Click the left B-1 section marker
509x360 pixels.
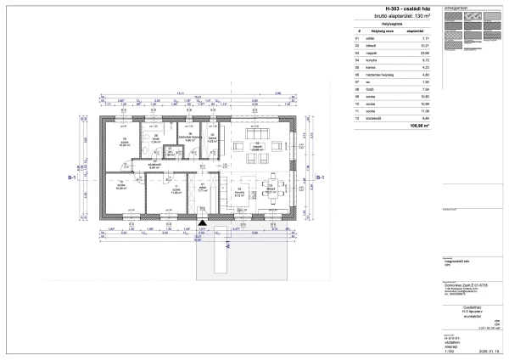[72, 178]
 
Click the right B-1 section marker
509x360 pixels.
[318, 178]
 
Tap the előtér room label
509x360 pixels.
[202, 190]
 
